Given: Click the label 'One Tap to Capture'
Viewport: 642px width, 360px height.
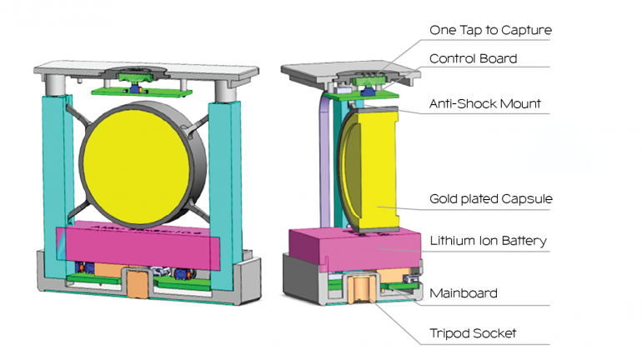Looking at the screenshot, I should point(490,31).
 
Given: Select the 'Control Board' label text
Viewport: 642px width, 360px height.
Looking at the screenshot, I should point(473,58).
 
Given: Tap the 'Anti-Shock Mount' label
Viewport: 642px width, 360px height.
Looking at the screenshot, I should point(484,104).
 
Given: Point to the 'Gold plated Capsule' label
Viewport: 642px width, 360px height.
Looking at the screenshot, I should point(491,199).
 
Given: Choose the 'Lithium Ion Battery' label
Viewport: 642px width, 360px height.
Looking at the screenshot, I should point(488,241).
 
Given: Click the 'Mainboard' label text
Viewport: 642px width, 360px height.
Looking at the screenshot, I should point(464,292).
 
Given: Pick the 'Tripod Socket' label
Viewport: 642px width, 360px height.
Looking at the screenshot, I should point(473,333).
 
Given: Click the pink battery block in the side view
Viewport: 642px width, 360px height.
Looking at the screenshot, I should point(359,250).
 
